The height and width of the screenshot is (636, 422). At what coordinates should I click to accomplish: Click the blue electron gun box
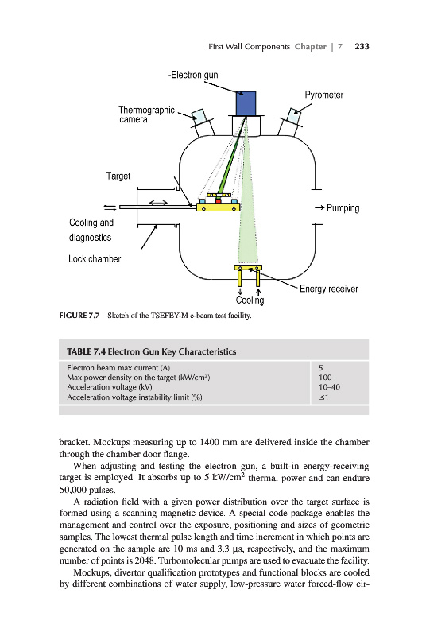point(246,104)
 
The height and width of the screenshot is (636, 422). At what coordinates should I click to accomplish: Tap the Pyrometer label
point(324,95)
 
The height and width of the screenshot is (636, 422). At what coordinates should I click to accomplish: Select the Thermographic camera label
point(146,114)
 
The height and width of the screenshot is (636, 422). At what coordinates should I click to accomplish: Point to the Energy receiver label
point(329,289)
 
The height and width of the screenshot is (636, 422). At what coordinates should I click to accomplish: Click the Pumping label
point(343,208)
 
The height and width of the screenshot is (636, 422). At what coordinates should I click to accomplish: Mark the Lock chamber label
point(95,259)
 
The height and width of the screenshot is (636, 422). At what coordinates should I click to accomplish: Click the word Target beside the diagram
point(118,176)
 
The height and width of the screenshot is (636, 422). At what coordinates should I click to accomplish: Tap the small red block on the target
point(218,201)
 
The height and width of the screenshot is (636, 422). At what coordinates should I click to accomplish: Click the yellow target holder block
point(218,207)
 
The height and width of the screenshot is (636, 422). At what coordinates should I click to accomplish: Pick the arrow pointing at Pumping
point(319,208)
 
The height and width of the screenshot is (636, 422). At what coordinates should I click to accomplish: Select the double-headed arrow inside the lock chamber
point(158,203)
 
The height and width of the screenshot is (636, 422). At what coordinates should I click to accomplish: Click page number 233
point(362,47)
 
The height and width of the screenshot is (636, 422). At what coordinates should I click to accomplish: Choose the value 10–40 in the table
point(329,387)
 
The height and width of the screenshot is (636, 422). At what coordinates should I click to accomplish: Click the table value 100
point(325,377)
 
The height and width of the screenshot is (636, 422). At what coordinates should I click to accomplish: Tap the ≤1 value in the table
point(323,397)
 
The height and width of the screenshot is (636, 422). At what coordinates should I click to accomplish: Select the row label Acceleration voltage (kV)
point(110,387)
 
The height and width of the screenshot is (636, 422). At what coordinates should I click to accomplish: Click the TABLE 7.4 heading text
point(152,351)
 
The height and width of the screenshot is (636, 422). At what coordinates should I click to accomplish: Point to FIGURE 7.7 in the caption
point(79,315)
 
